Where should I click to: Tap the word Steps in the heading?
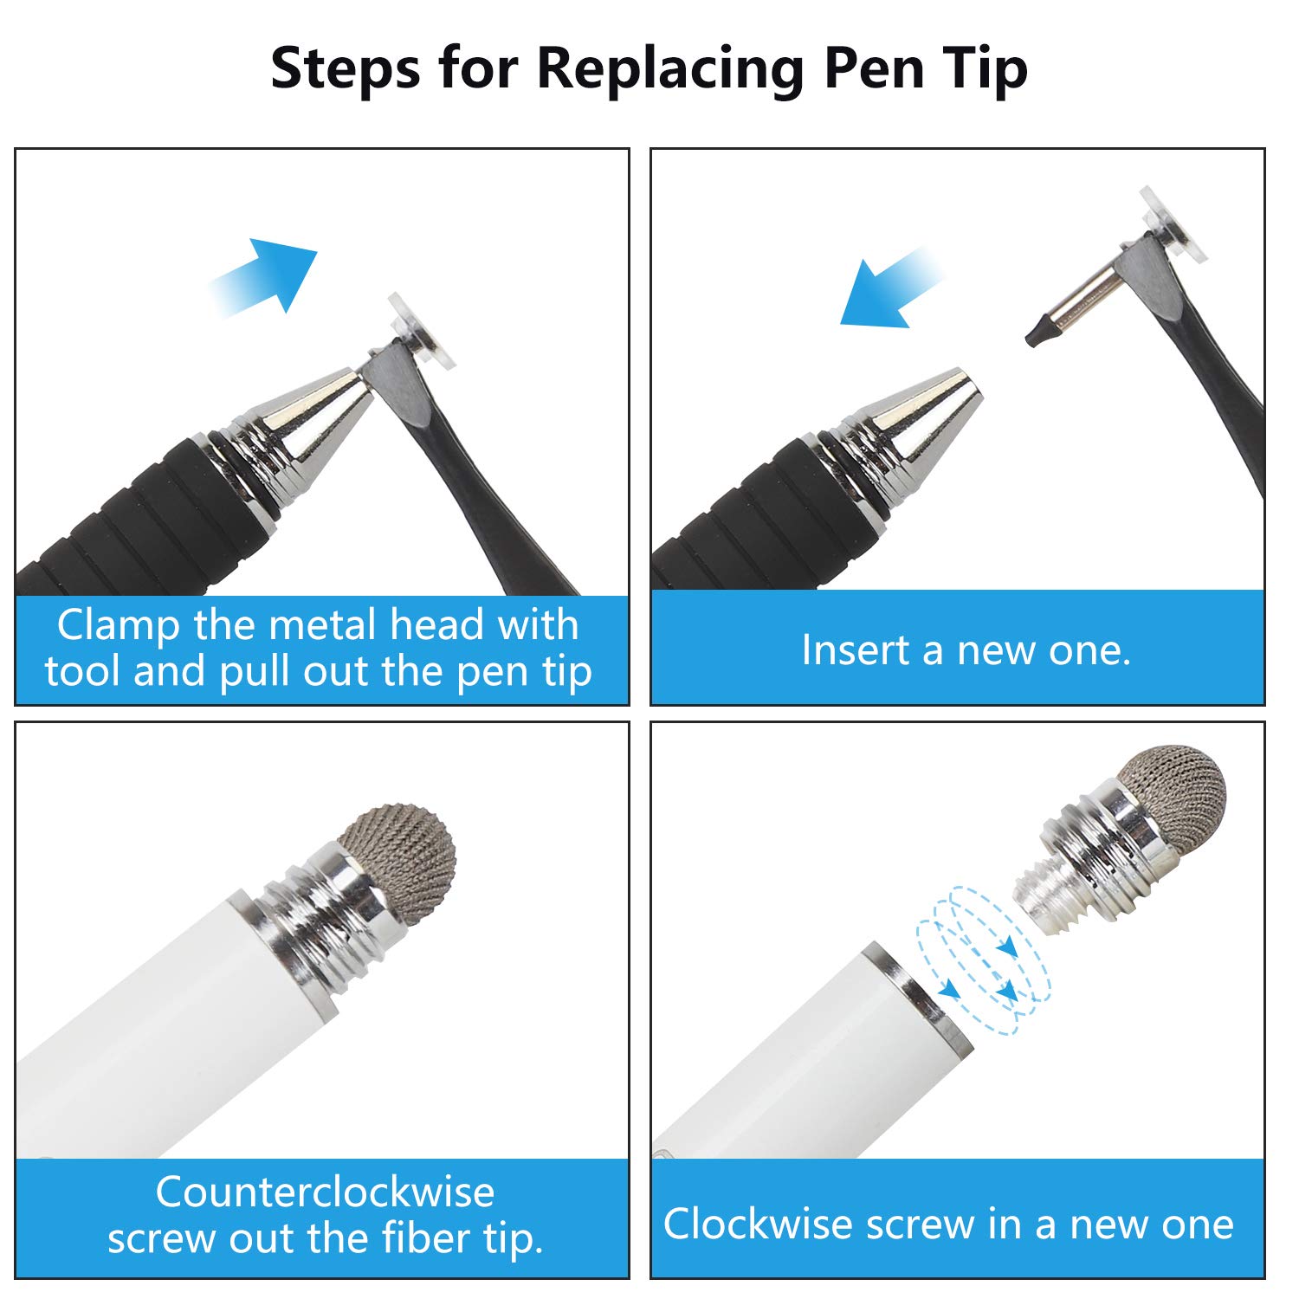point(345,68)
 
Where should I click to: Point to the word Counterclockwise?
point(325,1192)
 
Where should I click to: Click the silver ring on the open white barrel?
point(914,996)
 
